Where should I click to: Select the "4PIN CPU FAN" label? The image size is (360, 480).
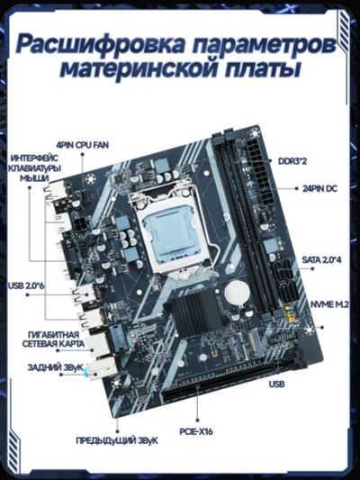[82, 145]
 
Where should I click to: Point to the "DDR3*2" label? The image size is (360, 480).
[292, 161]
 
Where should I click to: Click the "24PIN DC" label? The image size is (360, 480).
[319, 188]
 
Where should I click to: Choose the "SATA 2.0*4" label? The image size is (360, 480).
[321, 260]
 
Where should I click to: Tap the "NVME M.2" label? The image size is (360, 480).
[329, 304]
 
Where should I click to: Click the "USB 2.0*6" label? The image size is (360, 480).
[26, 285]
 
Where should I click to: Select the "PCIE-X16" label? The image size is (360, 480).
[196, 431]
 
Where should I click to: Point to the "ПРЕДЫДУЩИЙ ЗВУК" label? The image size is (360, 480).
[117, 440]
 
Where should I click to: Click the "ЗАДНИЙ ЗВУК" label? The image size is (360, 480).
[56, 367]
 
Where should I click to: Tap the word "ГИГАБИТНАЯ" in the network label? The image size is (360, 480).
[53, 335]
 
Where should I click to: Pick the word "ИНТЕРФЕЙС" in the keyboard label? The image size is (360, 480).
[34, 158]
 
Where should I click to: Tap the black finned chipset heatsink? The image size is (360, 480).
[192, 312]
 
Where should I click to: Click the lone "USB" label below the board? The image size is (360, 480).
[277, 384]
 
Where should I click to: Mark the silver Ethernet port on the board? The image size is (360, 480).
[98, 344]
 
